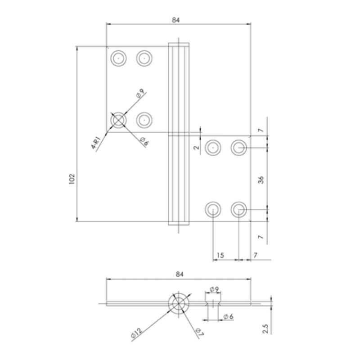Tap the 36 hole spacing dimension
coord(261,179)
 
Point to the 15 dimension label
coord(220,255)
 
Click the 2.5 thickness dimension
coord(266,327)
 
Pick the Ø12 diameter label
coord(137,333)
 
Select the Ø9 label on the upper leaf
coord(140,94)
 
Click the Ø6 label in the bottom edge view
coord(228,317)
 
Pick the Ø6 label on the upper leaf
coord(144,141)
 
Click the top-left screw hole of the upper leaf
coord(118,58)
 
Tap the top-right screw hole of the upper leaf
coord(144,58)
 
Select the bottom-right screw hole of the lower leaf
coord(238,209)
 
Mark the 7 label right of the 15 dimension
coord(255,255)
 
